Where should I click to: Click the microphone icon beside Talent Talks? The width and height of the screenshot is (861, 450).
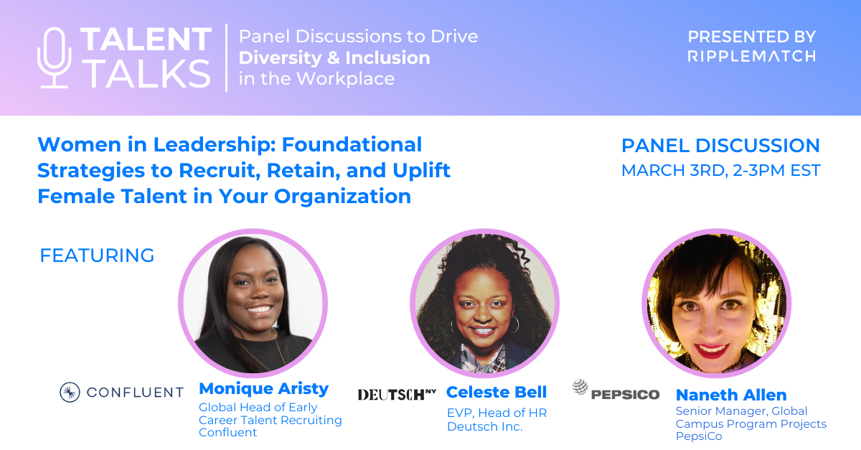pos(55,58)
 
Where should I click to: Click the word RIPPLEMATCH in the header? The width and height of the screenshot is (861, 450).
pos(751,56)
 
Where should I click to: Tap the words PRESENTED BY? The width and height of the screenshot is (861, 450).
pos(751,36)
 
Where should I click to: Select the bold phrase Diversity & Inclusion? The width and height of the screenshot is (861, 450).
pos(334,57)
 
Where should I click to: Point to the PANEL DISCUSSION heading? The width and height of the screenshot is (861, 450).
pos(720,146)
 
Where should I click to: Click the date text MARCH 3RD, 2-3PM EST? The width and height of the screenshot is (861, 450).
pos(720,171)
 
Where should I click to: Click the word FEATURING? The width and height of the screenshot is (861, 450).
pos(97,256)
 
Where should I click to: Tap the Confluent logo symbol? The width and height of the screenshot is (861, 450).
pos(70,392)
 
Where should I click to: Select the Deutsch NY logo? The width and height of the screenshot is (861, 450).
pos(397,394)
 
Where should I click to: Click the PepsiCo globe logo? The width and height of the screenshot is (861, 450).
pos(580,388)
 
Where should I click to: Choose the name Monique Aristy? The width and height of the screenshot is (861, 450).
pos(263,389)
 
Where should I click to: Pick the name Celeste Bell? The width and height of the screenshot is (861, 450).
pos(497,392)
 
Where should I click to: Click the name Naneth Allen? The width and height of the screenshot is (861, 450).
pos(731,395)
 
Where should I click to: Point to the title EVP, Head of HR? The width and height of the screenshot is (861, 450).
pos(497,413)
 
